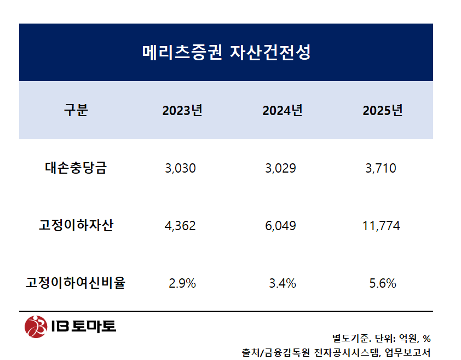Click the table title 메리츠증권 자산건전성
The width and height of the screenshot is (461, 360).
[x=226, y=53]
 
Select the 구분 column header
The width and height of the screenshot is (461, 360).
[x=76, y=111]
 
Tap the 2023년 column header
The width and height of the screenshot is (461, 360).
[x=182, y=111]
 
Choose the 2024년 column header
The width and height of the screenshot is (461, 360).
[x=283, y=111]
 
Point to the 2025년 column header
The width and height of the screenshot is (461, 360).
[x=383, y=111]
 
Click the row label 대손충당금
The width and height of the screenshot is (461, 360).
[x=76, y=168]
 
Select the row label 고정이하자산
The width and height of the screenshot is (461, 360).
[x=76, y=225]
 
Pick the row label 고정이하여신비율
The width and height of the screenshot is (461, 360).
[x=76, y=283]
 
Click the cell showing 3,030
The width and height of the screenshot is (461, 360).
[x=180, y=168]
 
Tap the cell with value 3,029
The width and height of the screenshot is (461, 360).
[x=280, y=168]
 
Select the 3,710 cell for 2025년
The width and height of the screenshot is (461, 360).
[x=381, y=168]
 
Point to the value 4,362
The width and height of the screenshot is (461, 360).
[x=180, y=226]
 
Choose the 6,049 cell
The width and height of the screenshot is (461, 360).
[x=280, y=226]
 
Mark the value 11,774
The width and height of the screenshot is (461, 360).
[x=381, y=226]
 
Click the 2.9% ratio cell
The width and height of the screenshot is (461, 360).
[x=182, y=283]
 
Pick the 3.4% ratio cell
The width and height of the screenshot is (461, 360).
[x=283, y=283]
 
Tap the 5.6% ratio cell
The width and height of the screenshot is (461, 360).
[x=383, y=283]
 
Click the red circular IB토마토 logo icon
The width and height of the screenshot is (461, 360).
[x=36, y=327]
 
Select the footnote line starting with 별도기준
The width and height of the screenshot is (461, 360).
[x=381, y=338]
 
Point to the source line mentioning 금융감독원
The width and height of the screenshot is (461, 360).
[x=336, y=352]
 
